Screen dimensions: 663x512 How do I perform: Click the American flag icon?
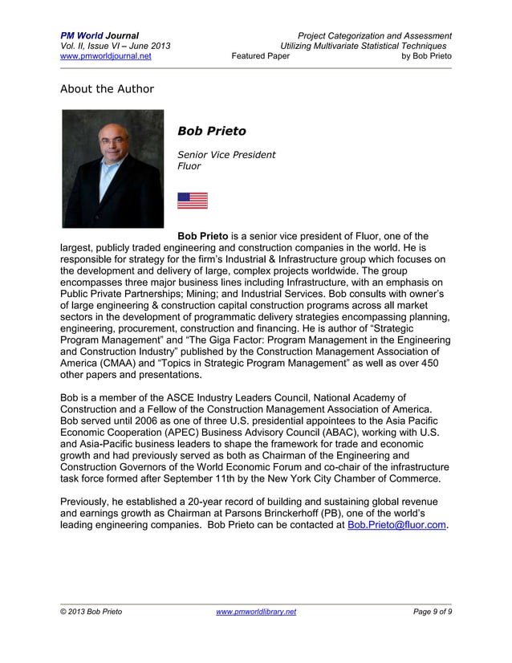[x=192, y=201]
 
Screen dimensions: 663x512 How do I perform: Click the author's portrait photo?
[x=113, y=169]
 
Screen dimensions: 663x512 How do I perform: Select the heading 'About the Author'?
[x=107, y=88]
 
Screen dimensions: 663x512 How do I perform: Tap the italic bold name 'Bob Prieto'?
[x=212, y=131]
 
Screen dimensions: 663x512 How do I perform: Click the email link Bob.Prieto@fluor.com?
[x=397, y=526]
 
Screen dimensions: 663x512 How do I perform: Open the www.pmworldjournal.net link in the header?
[x=106, y=56]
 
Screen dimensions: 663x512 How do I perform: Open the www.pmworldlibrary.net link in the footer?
[x=256, y=612]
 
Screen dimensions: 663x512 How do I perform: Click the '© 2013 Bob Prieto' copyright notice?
[x=91, y=612]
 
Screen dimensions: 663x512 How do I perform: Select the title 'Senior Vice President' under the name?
[x=226, y=154]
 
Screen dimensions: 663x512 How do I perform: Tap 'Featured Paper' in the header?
[x=260, y=56]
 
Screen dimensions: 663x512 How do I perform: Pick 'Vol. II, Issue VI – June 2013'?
[x=115, y=46]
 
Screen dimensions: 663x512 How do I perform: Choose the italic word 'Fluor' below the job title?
[x=189, y=166]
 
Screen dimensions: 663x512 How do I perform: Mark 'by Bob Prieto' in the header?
[x=426, y=56]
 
